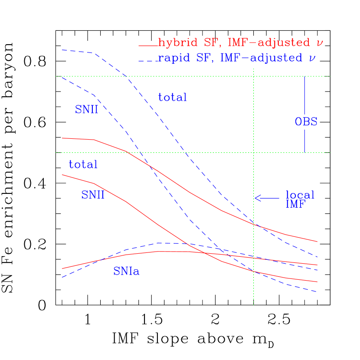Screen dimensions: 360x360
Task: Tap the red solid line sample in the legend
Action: click(148, 46)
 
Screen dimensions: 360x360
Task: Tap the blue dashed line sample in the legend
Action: click(148, 60)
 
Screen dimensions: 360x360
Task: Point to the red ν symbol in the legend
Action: click(320, 43)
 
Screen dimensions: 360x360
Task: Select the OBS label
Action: click(306, 122)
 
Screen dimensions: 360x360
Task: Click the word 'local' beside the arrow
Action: click(300, 195)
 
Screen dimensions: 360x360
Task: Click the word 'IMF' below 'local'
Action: click(295, 204)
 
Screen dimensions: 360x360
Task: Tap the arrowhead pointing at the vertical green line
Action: click(256, 198)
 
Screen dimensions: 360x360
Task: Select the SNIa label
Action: click(126, 272)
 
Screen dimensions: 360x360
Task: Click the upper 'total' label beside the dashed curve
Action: click(172, 98)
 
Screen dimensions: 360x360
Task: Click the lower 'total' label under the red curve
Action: click(83, 165)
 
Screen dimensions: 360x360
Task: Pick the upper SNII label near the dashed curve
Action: click(86, 110)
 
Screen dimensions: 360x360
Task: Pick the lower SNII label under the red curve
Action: click(93, 195)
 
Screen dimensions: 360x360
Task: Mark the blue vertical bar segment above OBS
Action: click(304, 95)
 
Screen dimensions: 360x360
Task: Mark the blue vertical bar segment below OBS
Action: click(304, 141)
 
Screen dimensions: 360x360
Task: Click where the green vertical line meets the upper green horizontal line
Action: click(254, 76)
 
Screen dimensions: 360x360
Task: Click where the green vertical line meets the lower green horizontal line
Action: click(254, 153)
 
